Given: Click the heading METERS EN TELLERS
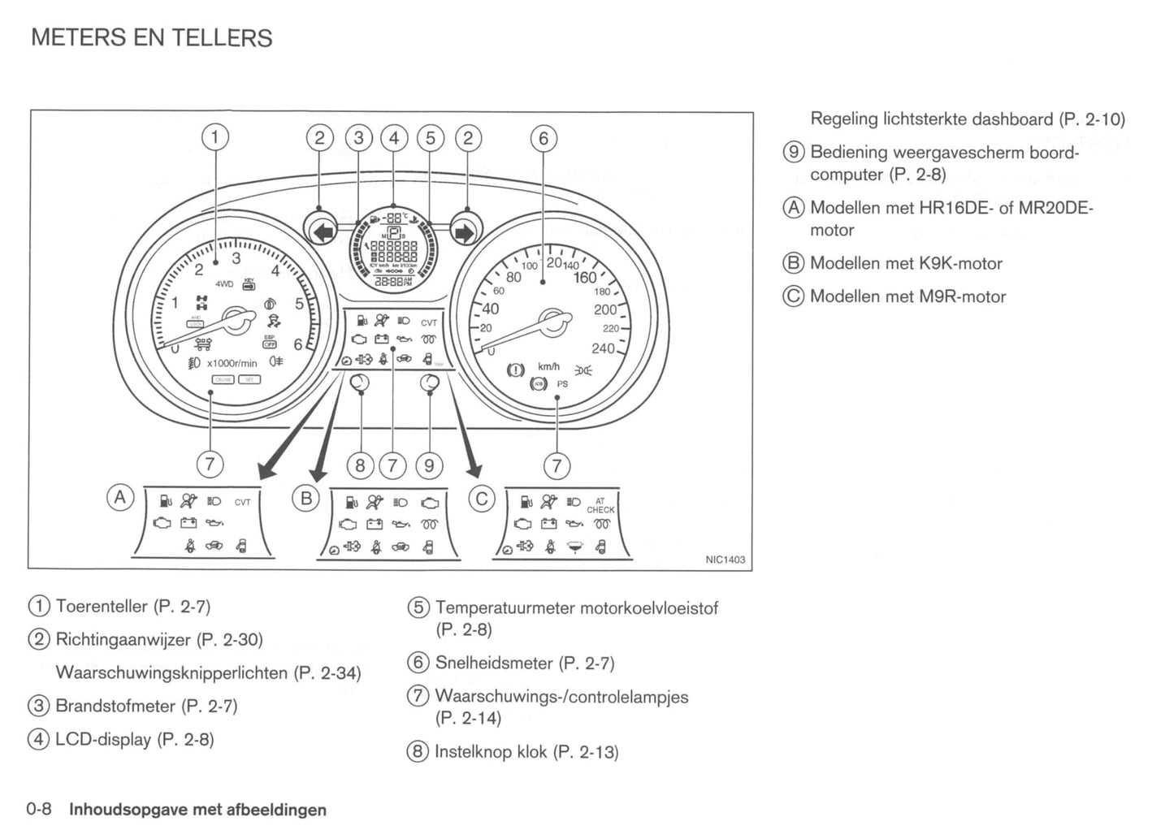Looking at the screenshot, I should (x=151, y=38).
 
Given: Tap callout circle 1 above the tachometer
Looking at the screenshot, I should (x=214, y=137).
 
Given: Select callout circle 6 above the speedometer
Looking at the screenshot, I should (x=544, y=139).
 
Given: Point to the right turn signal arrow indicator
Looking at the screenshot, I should (x=465, y=233).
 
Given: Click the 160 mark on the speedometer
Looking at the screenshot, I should (x=585, y=278).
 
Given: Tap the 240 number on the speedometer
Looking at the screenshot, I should (x=603, y=348).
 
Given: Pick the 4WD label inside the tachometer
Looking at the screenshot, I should (x=224, y=284).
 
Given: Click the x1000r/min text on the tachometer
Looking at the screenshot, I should (x=232, y=363).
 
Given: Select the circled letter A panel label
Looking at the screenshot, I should (x=120, y=497).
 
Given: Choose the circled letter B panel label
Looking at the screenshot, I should (x=306, y=498).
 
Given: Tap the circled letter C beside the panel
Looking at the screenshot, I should (x=481, y=498).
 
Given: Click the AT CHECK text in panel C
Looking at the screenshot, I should (x=600, y=506).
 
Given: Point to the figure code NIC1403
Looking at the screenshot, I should (x=725, y=560).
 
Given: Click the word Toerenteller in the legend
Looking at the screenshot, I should (x=102, y=607).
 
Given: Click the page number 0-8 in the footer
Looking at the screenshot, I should (x=39, y=809).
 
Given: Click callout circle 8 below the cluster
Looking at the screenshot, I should (x=360, y=465).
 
